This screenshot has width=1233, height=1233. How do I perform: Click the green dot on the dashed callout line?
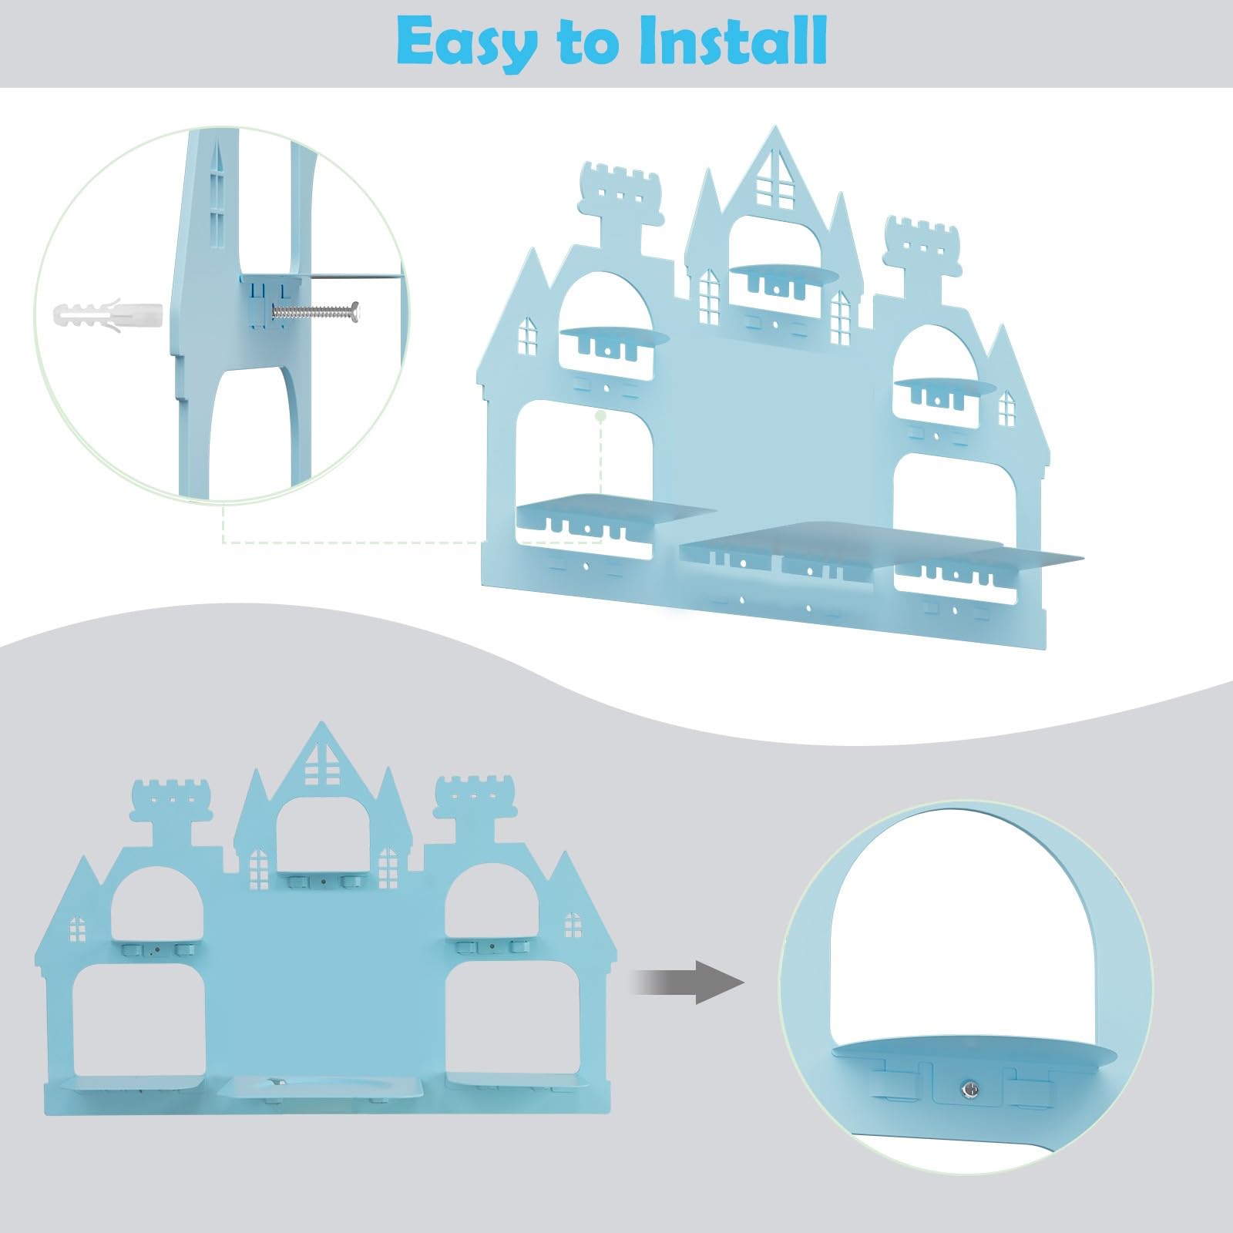(x=601, y=415)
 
